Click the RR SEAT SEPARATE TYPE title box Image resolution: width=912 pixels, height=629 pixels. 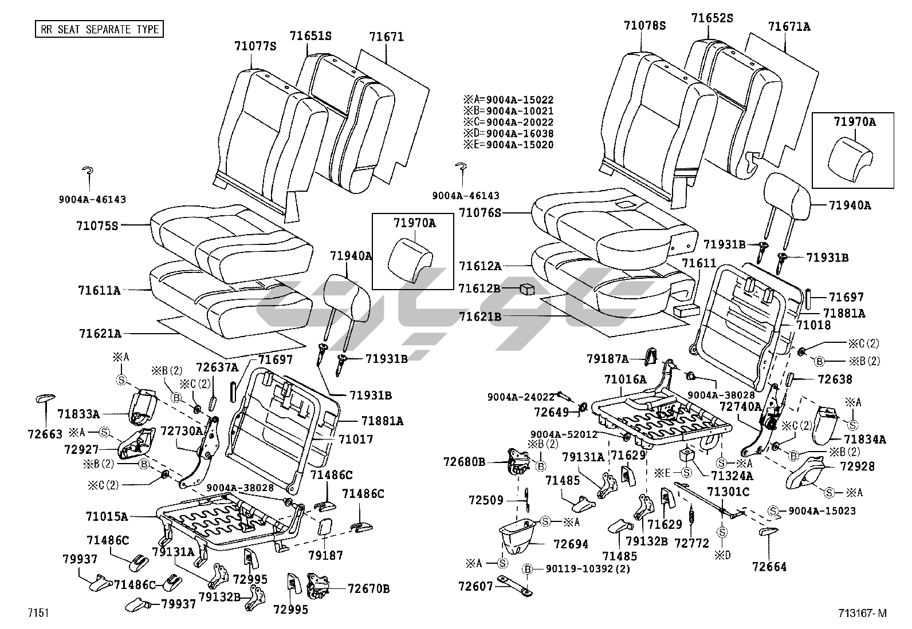(x=99, y=29)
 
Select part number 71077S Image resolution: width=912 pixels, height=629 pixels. (x=255, y=46)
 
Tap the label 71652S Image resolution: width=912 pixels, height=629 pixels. (x=711, y=18)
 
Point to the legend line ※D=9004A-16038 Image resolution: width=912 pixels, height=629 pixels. (x=509, y=133)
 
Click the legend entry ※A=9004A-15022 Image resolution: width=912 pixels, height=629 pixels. (x=509, y=100)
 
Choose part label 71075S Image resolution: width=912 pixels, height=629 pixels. (x=97, y=226)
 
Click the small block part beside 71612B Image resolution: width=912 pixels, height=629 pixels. (x=527, y=289)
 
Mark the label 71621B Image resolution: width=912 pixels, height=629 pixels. (x=480, y=317)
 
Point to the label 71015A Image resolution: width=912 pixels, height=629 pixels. (x=107, y=516)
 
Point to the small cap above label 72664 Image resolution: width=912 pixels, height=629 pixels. (x=767, y=532)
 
